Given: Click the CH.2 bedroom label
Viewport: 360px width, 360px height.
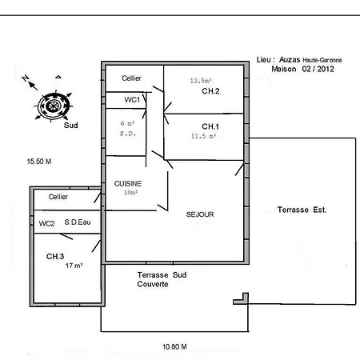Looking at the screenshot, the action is [x=210, y=91].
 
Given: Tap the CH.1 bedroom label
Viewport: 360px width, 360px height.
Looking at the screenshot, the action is [x=210, y=126].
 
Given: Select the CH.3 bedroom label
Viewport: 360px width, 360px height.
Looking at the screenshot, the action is [x=55, y=257].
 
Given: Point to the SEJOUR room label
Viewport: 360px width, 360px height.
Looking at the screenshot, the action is [x=200, y=214].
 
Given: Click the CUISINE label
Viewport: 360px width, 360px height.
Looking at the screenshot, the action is [x=128, y=183].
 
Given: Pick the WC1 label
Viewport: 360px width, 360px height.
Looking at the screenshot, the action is [x=132, y=100].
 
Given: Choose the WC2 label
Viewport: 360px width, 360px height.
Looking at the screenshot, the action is [x=46, y=223].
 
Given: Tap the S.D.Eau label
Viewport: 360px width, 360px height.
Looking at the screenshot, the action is [x=78, y=222].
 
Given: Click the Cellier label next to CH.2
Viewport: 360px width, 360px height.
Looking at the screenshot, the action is [x=131, y=78].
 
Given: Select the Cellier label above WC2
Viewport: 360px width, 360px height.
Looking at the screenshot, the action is [x=58, y=197].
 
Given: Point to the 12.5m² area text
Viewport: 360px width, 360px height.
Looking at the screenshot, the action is [x=201, y=81].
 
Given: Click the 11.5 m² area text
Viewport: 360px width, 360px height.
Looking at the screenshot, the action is [x=203, y=136].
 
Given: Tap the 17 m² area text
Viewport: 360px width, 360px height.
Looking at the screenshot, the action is [x=74, y=266].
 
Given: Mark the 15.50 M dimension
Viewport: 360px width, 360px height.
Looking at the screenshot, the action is [x=39, y=162].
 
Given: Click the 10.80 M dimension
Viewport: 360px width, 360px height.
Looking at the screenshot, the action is [x=174, y=346].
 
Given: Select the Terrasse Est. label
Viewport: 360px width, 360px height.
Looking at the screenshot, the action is [x=302, y=210].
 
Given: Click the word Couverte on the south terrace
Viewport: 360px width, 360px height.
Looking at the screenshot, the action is [x=153, y=284].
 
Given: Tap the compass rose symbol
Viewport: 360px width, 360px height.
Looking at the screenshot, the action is [x=54, y=106].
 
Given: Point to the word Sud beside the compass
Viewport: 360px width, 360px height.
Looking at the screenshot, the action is [x=71, y=126].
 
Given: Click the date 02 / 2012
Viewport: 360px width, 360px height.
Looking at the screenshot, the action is [x=318, y=69].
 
